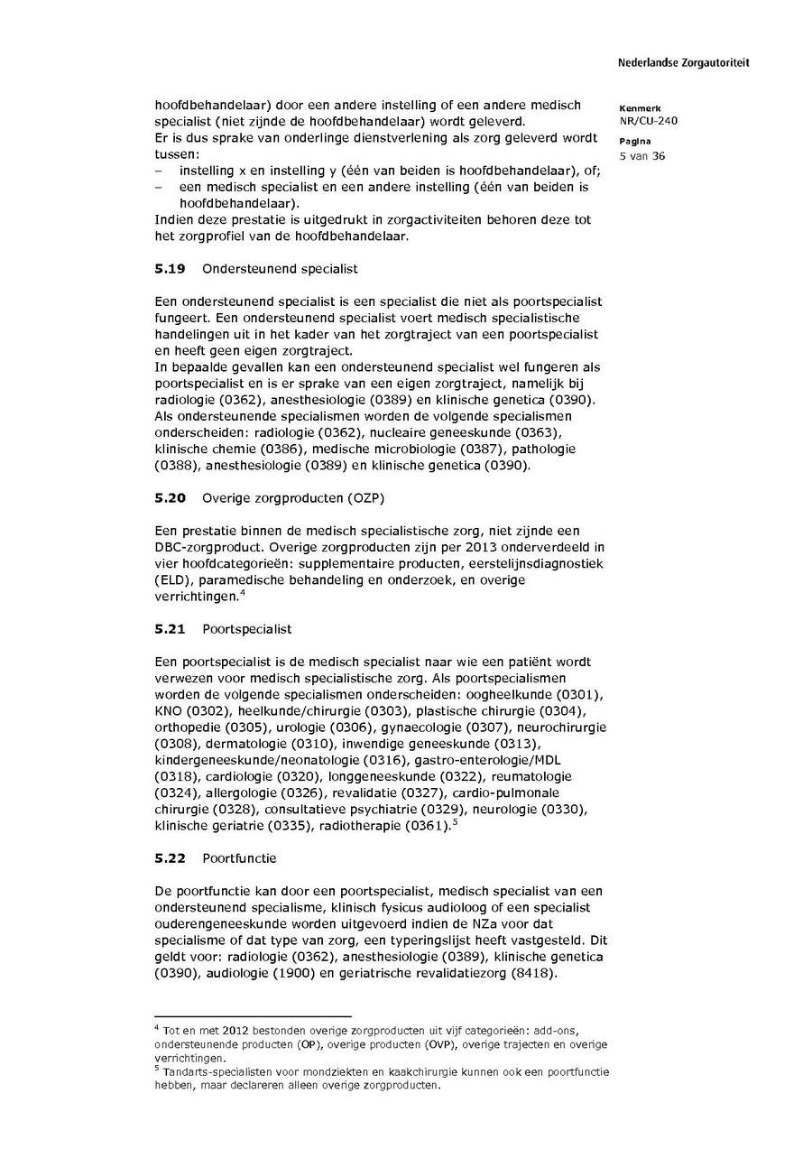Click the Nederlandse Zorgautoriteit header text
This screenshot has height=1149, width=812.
pos(683,63)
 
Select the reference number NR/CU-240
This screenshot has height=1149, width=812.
pos(649,121)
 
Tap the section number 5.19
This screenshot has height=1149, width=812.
pos(169,269)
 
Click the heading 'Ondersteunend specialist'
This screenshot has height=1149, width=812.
pos(280,269)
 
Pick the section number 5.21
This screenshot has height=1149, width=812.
pos(169,628)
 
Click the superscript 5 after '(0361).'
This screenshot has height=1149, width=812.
pos(456,822)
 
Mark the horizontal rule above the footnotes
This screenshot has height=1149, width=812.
pos(253,1015)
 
